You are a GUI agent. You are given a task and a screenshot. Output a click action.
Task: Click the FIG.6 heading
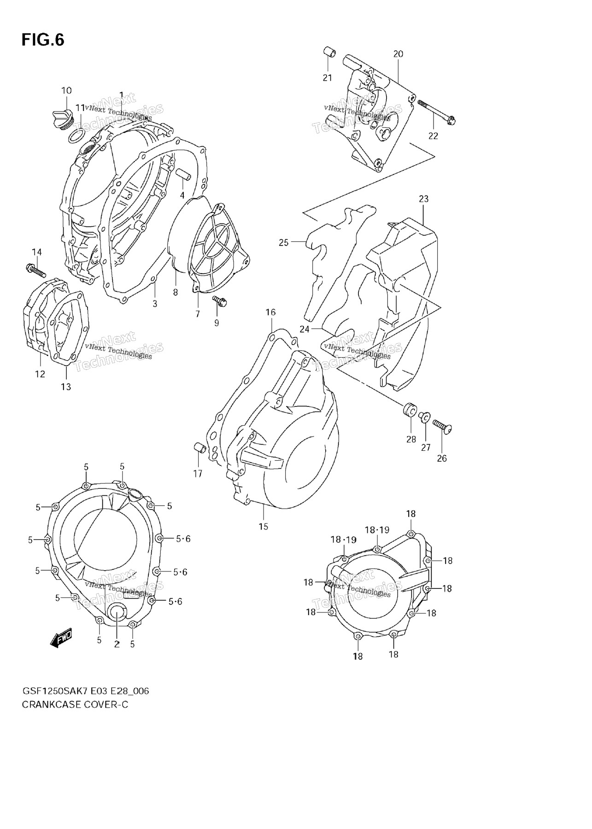tap(43, 40)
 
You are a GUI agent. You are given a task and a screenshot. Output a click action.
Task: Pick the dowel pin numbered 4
tap(181, 175)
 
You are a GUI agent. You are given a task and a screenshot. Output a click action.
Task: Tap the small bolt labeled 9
tap(219, 301)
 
